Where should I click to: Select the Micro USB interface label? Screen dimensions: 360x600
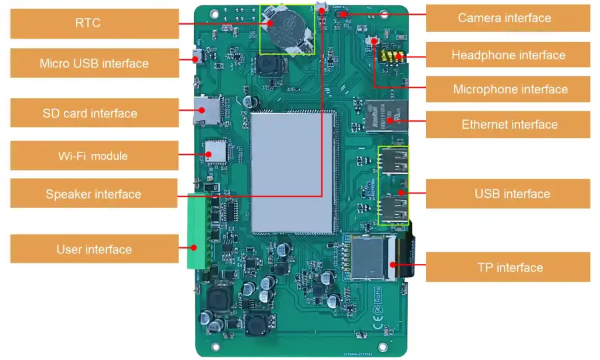[94, 63]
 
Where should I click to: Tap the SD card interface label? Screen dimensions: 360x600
[94, 113]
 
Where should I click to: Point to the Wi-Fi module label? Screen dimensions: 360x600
[94, 156]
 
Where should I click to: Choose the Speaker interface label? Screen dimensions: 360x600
[94, 195]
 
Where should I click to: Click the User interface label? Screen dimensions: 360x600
[94, 249]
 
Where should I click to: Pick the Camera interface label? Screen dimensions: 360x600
[508, 18]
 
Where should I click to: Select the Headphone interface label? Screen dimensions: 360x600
[508, 55]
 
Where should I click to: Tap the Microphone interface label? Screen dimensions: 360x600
[508, 89]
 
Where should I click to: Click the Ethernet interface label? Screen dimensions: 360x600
[508, 125]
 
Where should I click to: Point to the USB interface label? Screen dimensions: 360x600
[508, 194]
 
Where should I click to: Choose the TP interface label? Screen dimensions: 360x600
[508, 267]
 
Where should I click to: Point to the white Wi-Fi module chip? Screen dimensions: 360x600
[216, 152]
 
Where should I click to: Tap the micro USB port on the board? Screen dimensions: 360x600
[198, 57]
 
